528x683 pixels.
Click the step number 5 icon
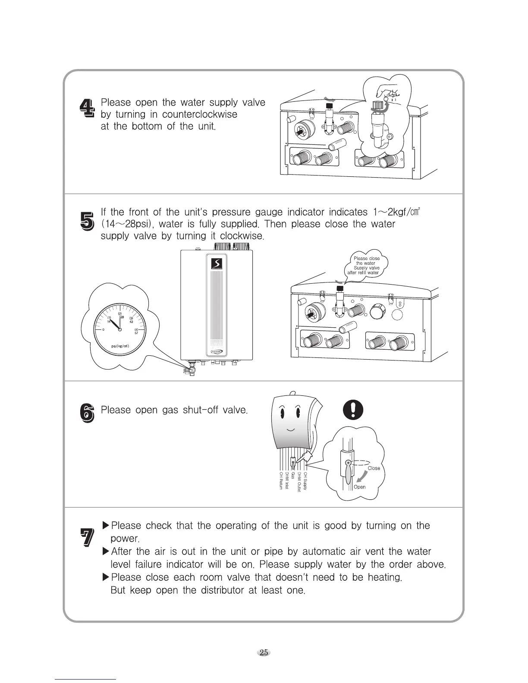click(87, 219)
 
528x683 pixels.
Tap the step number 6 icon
click(87, 414)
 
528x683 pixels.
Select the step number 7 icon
click(88, 539)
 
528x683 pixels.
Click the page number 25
click(264, 652)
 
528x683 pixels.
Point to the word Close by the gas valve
click(374, 468)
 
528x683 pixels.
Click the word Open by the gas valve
click(359, 487)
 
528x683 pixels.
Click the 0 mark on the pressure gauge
click(104, 330)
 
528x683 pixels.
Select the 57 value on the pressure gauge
click(136, 333)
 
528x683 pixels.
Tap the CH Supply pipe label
click(306, 481)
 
